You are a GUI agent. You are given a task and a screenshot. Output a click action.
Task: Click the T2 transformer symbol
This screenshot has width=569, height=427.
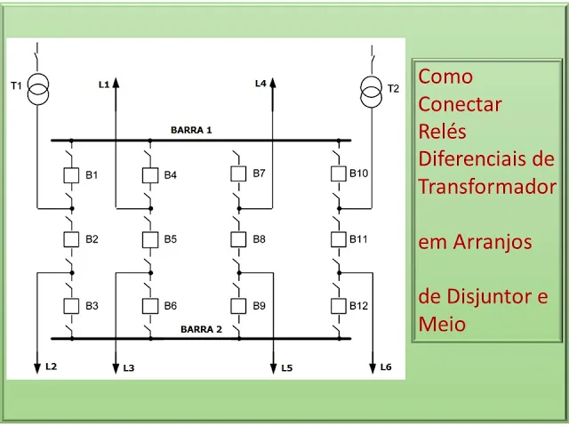[372, 88]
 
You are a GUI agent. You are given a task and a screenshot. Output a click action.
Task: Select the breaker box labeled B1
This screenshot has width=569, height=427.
[72, 174]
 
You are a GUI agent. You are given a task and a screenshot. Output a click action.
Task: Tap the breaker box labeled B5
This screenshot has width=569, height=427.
[149, 239]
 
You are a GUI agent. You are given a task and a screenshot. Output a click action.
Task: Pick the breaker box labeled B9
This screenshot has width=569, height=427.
[237, 306]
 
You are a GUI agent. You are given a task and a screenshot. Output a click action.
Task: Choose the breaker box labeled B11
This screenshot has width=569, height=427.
[338, 239]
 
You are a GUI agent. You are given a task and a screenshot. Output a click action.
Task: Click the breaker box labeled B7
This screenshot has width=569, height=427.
[237, 173]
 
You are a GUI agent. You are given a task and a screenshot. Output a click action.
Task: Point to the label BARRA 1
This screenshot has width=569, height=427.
[191, 130]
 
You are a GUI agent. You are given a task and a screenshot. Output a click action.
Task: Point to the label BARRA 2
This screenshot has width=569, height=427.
[202, 329]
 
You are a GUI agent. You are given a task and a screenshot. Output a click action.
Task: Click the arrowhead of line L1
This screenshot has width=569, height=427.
[116, 83]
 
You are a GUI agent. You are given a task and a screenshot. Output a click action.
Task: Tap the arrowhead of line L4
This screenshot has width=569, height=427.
[273, 83]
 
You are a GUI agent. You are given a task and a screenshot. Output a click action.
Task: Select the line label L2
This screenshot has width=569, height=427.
[51, 367]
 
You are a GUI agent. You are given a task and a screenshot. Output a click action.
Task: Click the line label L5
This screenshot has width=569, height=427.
[286, 367]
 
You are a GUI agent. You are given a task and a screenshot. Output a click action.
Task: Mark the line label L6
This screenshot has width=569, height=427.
[385, 367]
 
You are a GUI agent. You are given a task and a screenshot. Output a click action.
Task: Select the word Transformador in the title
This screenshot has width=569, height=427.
[487, 187]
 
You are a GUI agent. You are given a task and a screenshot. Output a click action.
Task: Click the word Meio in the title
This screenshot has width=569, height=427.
[442, 324]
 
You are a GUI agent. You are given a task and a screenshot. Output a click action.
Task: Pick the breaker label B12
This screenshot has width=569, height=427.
[358, 306]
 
